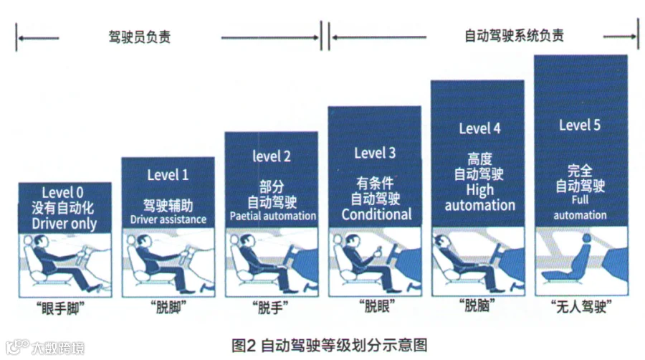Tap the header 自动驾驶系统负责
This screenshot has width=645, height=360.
514,36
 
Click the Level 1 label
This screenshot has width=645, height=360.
168,174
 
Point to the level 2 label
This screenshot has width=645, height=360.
272,156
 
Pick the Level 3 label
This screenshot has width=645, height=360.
375,152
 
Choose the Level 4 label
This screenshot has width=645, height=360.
479,129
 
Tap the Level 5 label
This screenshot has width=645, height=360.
580,125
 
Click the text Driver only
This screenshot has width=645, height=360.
64,223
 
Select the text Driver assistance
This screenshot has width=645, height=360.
168,219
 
